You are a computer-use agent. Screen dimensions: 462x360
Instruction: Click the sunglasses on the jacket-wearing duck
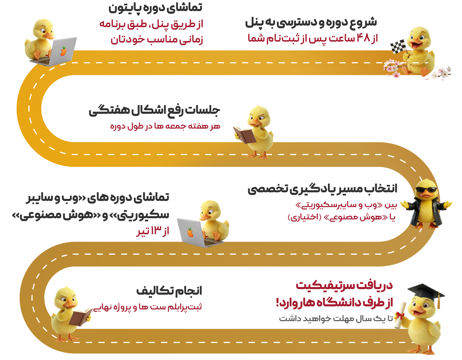pos(426,189)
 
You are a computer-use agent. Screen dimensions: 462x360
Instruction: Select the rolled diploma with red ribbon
pos(400,315)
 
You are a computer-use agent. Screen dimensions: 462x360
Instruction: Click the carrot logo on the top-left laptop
pos(63,51)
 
